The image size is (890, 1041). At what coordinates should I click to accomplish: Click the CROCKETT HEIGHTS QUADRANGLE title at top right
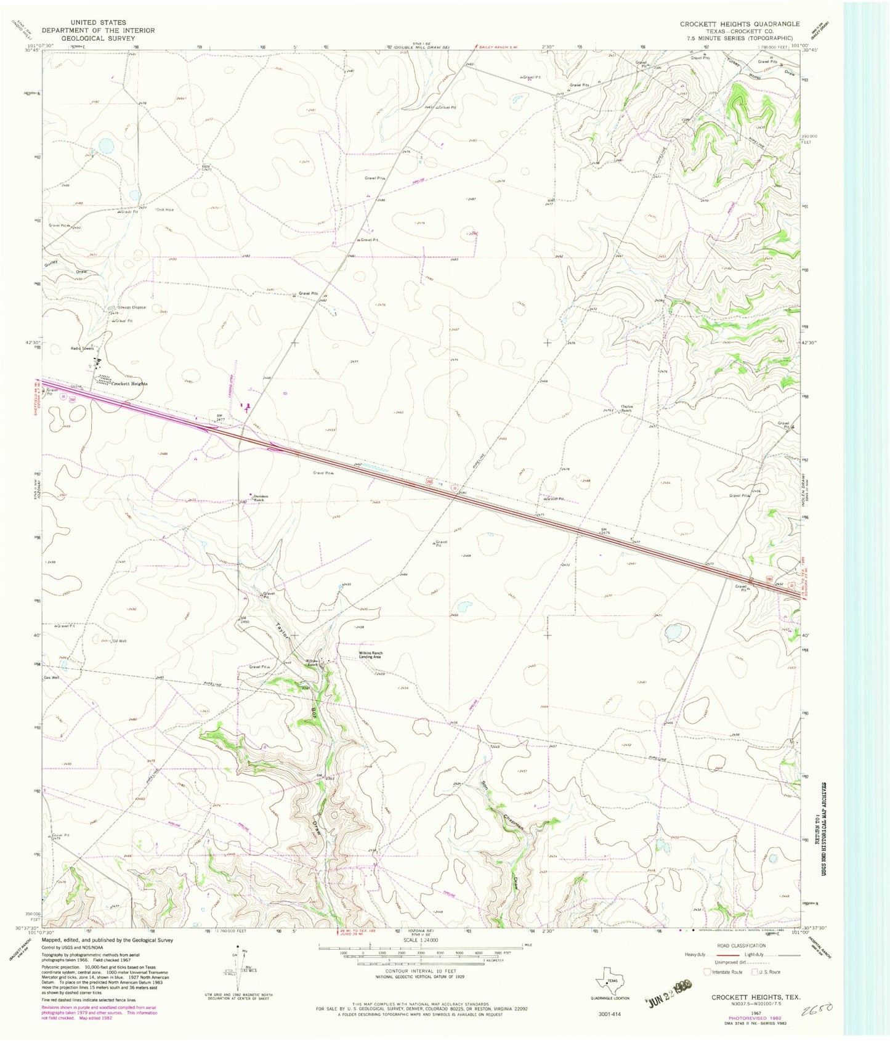coord(739,24)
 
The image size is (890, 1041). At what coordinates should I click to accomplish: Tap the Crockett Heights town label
coord(129,384)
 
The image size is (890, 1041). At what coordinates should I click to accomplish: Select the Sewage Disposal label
coord(132,307)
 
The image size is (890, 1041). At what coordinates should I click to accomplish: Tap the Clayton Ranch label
coord(627,408)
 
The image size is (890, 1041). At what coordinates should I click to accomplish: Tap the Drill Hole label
coord(165,209)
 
